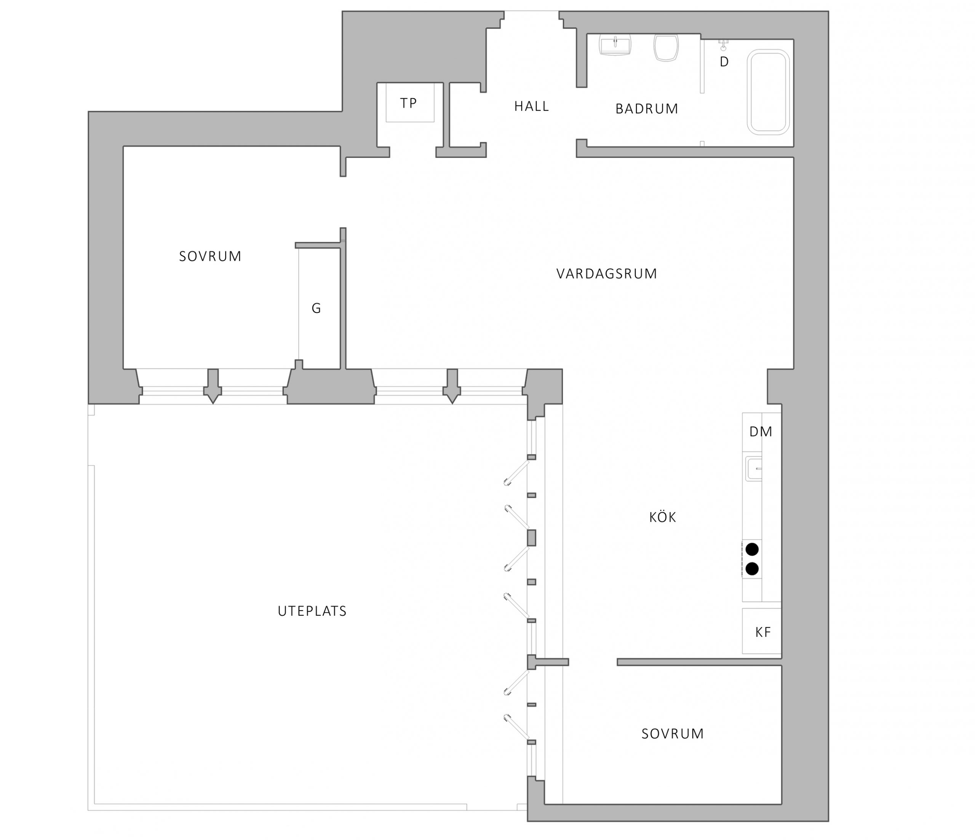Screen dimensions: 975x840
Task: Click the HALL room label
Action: tap(532, 106)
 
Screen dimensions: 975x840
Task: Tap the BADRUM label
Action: tap(647, 108)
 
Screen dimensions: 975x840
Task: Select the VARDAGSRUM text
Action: tap(607, 274)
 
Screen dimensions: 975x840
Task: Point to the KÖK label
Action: tap(663, 517)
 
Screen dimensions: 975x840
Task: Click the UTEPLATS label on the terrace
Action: tap(312, 611)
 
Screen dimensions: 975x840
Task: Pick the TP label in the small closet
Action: tap(408, 103)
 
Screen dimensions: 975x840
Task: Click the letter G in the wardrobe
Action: tap(316, 309)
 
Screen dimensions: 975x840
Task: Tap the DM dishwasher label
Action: tap(761, 431)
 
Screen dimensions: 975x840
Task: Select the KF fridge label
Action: tap(763, 632)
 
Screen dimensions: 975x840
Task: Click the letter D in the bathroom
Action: tap(724, 62)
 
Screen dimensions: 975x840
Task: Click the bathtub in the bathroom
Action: tap(769, 92)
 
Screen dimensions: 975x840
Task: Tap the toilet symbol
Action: tap(666, 48)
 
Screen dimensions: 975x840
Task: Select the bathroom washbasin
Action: tap(615, 46)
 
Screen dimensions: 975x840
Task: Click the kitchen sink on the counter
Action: tap(754, 468)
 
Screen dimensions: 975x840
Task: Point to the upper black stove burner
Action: tap(752, 549)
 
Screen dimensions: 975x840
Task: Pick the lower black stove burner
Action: tap(752, 569)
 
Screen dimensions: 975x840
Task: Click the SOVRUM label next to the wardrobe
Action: tap(210, 256)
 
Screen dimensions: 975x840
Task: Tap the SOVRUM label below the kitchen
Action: tap(673, 734)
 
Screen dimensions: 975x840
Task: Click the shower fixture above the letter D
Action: tap(724, 45)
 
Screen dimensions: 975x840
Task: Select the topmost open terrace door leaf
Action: tap(516, 473)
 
